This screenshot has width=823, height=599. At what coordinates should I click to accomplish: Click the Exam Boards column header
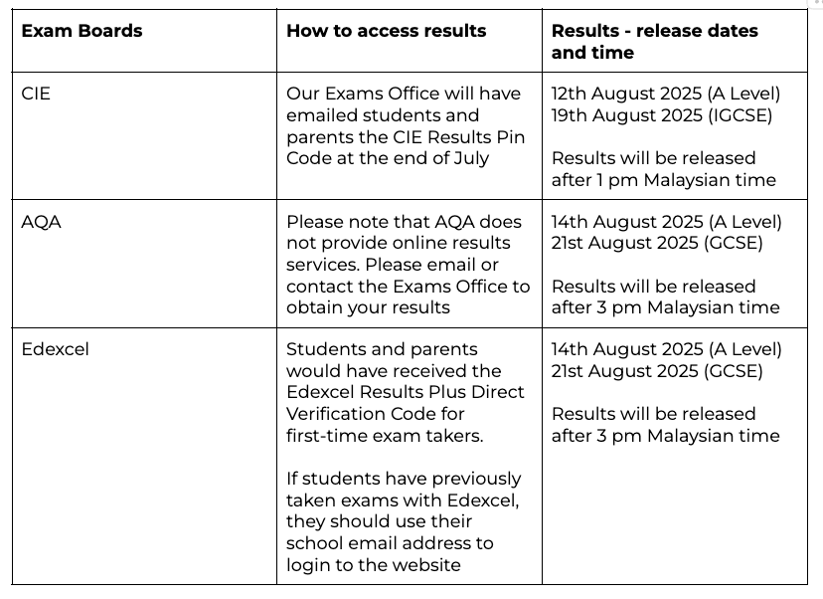point(82,31)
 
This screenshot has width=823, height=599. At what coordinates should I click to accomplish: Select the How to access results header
point(386,31)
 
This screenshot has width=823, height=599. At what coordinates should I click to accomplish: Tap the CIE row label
point(36,95)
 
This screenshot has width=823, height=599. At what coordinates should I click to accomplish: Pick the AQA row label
point(41,222)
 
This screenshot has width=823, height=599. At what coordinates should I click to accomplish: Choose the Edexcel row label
point(55,349)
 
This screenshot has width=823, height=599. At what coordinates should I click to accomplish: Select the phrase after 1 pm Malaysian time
point(664,180)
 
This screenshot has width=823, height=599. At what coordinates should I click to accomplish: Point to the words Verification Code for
point(375,413)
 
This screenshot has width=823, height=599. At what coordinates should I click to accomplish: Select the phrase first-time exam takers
point(384,435)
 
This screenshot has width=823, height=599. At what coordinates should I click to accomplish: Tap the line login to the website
point(374,565)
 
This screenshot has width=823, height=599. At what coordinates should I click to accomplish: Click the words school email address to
point(390,543)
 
